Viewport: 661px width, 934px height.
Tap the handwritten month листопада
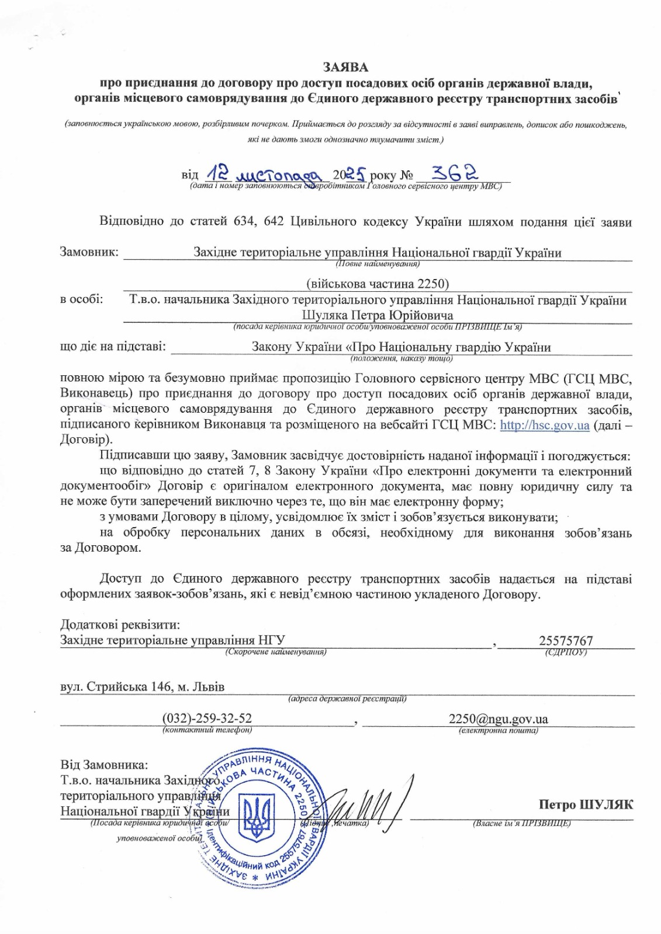tap(275, 173)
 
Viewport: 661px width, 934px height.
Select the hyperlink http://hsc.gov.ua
tap(545, 425)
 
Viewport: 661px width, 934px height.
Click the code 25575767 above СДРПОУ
tap(566, 640)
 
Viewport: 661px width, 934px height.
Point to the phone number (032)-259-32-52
tap(207, 719)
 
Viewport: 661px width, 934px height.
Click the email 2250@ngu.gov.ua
tap(499, 719)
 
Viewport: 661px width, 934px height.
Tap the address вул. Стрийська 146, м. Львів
tap(143, 686)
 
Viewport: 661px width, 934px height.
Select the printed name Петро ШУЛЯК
tap(586, 804)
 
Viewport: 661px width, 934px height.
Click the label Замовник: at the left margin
tap(89, 252)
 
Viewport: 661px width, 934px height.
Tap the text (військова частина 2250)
tap(378, 284)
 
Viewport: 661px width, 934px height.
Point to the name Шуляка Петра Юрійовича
tap(378, 316)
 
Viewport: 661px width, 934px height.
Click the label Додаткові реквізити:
tap(119, 625)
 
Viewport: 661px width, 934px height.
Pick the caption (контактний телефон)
tap(207, 730)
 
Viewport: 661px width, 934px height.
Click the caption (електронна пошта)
tap(499, 730)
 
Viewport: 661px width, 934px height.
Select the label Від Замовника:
tap(104, 764)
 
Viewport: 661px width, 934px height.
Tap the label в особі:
tap(82, 299)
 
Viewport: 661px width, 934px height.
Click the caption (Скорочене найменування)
tap(275, 651)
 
